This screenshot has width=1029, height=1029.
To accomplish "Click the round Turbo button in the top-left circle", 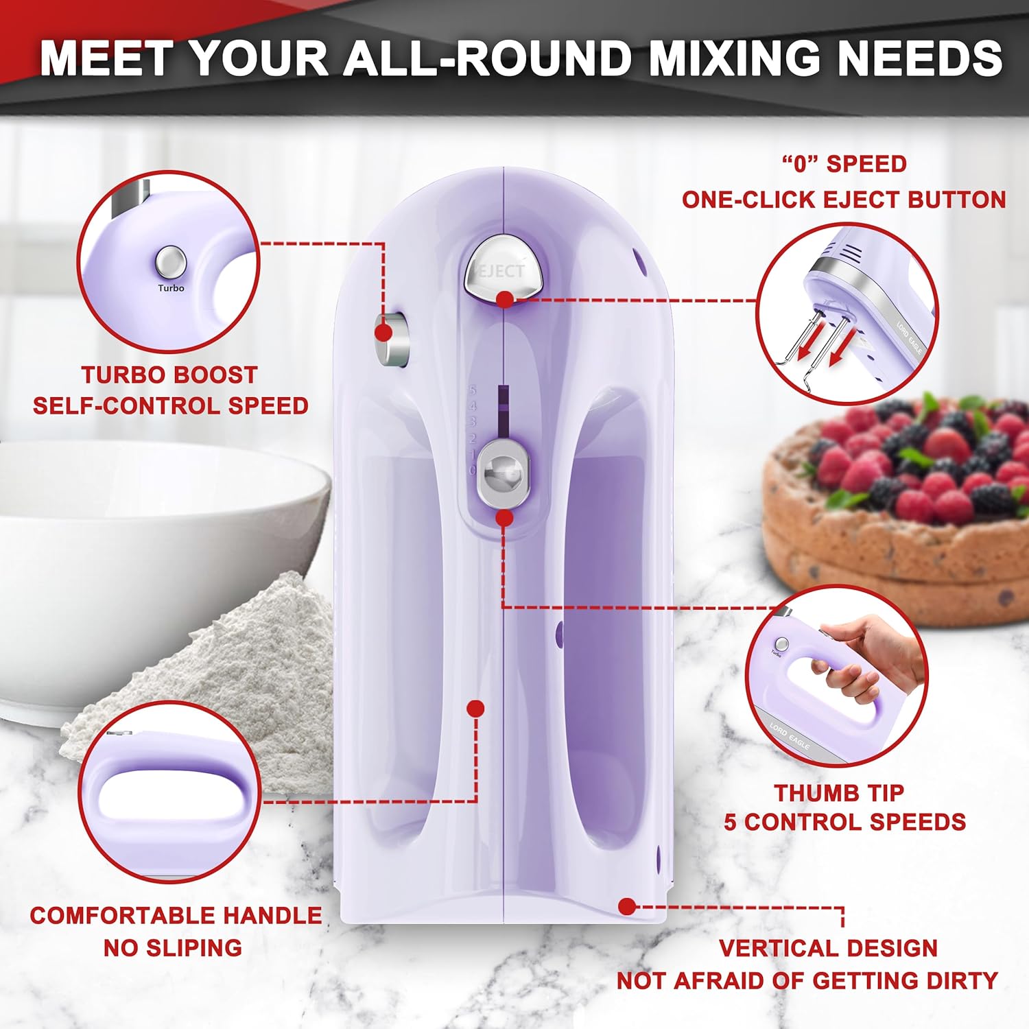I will pyautogui.click(x=171, y=262).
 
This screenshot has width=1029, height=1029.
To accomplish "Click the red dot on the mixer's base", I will pyautogui.click(x=626, y=906).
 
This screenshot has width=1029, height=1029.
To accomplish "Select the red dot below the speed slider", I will pyautogui.click(x=504, y=518).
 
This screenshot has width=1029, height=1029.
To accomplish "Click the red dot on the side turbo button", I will pyautogui.click(x=383, y=333).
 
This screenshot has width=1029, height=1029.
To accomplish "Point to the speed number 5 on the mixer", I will pyautogui.click(x=472, y=390).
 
